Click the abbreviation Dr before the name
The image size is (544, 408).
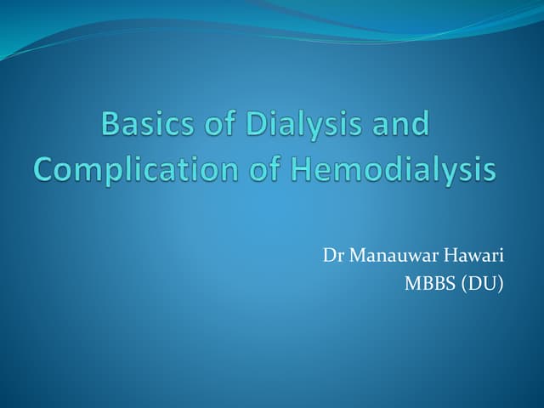(x=331, y=255)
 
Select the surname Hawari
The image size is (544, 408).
(x=473, y=255)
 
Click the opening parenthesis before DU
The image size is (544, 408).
(x=464, y=284)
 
